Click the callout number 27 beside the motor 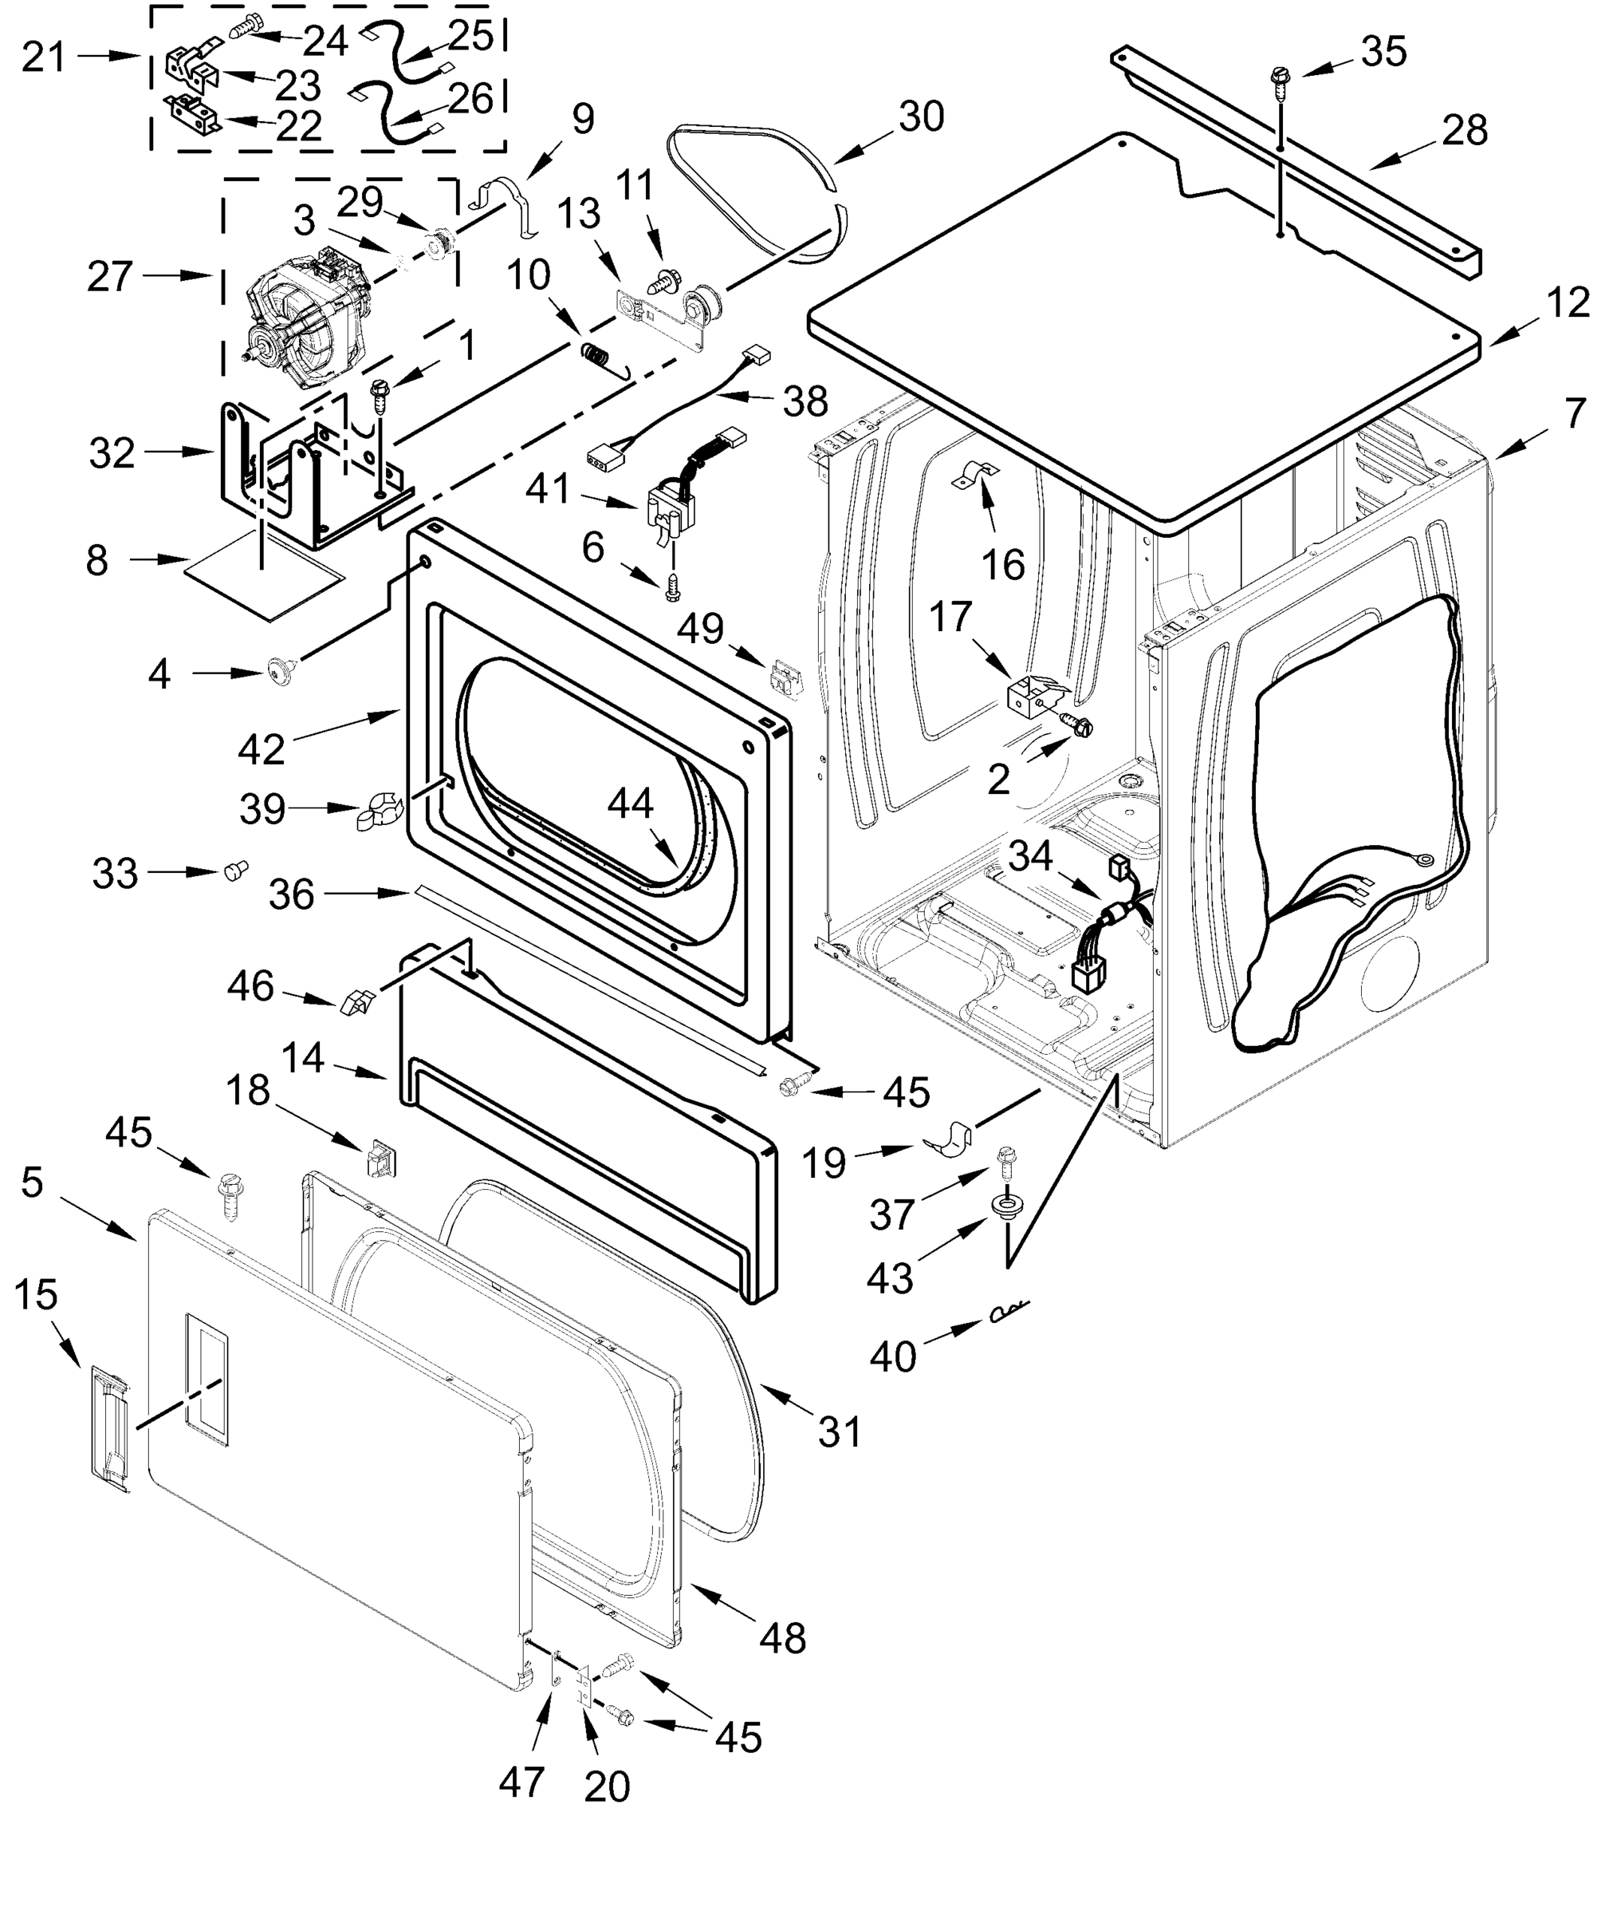coord(109,277)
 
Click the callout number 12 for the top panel coord(1567,303)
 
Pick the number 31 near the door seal coord(840,1431)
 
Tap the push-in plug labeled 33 coord(235,870)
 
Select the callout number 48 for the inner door coord(782,1637)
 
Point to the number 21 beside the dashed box coord(44,57)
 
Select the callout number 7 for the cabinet coord(1575,413)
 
